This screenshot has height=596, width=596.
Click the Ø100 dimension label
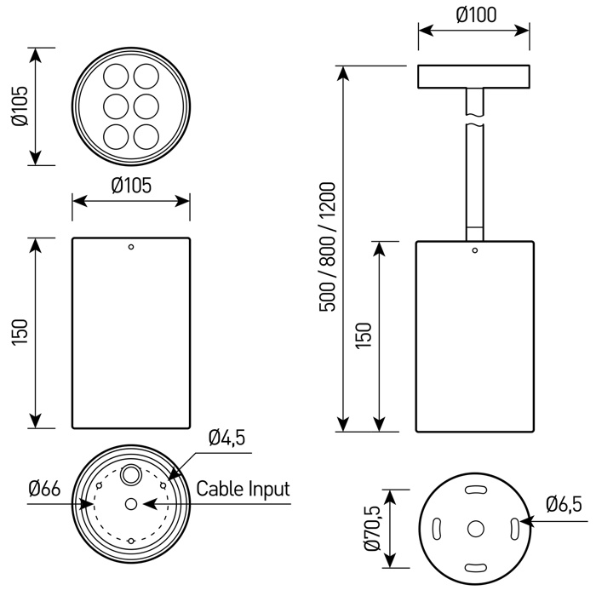click(x=476, y=14)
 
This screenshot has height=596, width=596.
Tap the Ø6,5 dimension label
click(x=564, y=505)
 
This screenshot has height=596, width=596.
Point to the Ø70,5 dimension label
click(x=372, y=528)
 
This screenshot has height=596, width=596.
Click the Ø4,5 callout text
click(x=226, y=438)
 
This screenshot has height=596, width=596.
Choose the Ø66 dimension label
click(x=43, y=489)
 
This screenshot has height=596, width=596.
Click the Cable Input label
click(x=244, y=489)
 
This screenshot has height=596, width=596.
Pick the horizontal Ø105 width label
click(x=131, y=185)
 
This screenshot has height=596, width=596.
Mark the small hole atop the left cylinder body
click(x=131, y=248)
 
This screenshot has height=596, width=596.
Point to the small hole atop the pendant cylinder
click(x=475, y=250)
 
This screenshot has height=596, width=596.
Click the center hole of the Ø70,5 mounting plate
click(x=475, y=529)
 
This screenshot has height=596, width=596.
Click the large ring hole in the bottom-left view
click(x=131, y=474)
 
